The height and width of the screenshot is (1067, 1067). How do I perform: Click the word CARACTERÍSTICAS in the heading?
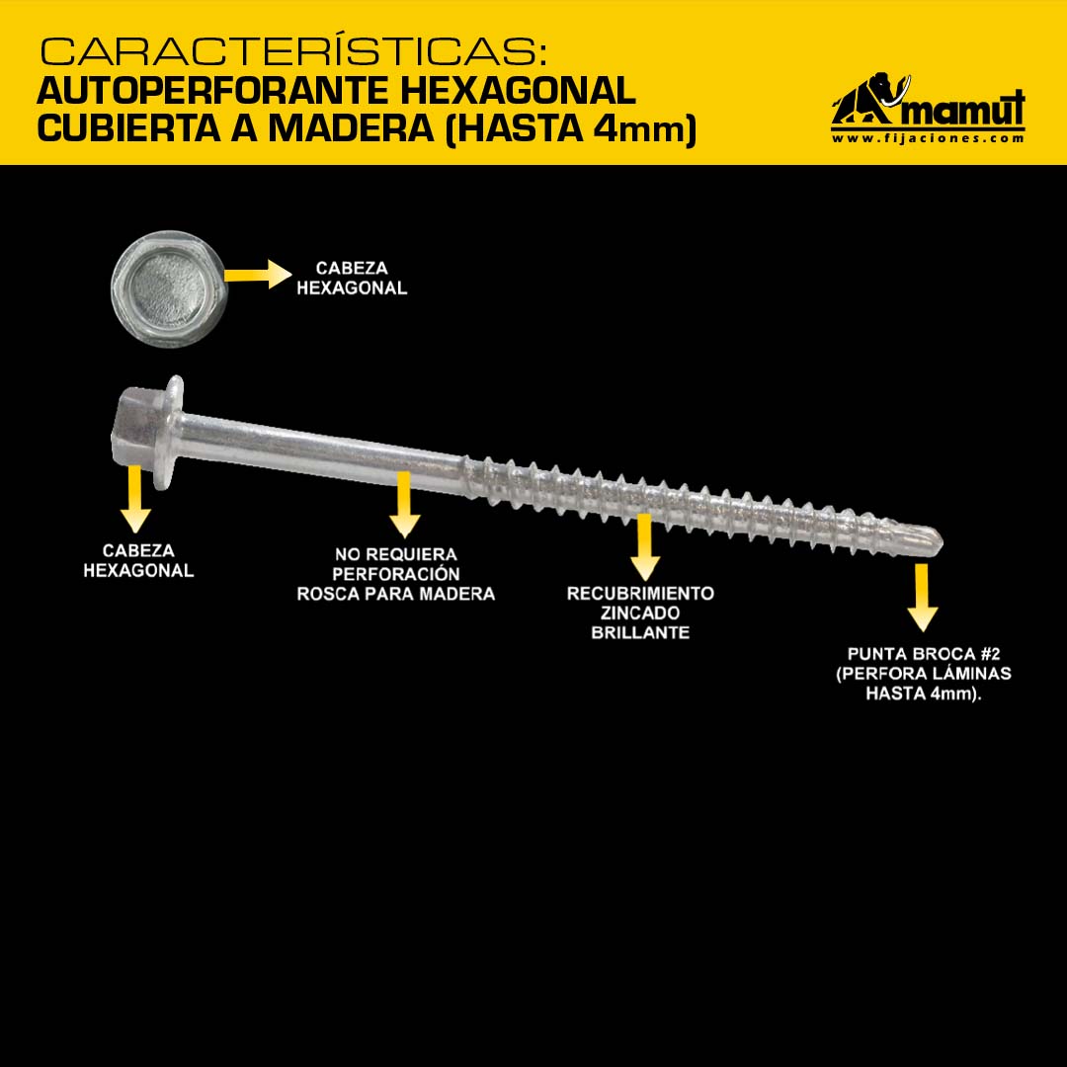pos(293,50)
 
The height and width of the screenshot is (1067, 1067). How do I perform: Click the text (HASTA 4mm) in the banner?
pos(571,129)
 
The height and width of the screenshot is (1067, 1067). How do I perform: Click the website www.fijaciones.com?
pos(928,138)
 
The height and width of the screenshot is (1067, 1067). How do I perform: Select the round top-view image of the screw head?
pos(168,289)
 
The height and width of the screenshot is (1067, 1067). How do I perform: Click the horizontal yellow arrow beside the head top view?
pos(258,275)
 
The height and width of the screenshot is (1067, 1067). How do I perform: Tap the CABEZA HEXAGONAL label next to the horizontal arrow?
pos(352,279)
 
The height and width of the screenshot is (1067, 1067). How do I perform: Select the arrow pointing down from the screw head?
pos(135,499)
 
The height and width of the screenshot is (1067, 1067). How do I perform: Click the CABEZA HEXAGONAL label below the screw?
pos(139,561)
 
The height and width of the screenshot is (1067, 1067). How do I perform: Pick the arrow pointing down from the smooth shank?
pos(404,505)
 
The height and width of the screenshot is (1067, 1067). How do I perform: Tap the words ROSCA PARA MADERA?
pos(396,594)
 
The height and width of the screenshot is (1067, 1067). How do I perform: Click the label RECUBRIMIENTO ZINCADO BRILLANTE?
pos(640,613)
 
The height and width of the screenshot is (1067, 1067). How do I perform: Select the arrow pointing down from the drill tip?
pos(922,598)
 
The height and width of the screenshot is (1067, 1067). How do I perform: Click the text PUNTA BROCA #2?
pos(924,654)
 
